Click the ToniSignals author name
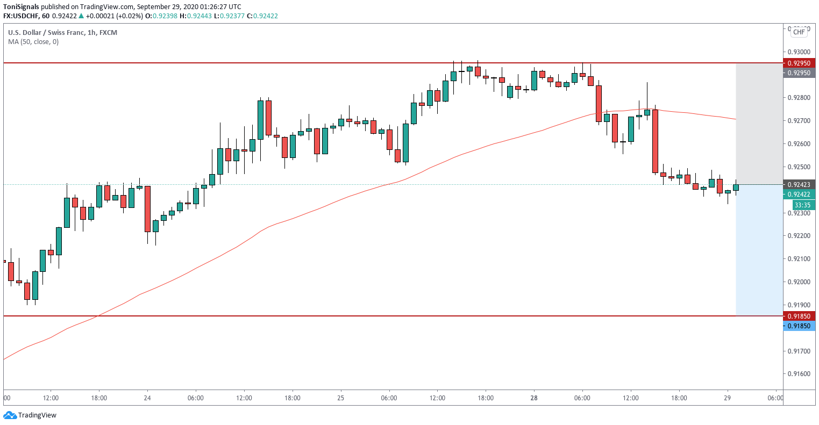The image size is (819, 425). pos(21,6)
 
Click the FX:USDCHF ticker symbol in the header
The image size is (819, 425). pos(22,16)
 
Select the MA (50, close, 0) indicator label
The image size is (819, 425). pos(33,42)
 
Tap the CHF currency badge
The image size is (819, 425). pos(799,32)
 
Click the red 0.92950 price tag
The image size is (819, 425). pos(799,63)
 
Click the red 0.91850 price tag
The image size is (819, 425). pos(799,316)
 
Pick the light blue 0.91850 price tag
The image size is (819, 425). pos(799,326)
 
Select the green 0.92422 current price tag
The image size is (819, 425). pos(799,195)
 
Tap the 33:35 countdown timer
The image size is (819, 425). pos(802,205)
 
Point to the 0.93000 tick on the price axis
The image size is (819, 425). pos(799,52)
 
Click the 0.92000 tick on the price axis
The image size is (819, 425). pos(799,282)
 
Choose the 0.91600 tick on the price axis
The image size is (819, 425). pos(799,374)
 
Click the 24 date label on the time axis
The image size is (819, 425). pos(147,398)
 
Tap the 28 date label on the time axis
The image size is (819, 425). pos(534,398)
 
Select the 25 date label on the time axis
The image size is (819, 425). pos(340,398)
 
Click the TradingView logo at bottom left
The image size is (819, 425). pos(30,415)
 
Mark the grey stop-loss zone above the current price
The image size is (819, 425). pos(759,124)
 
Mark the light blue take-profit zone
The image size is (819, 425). pos(759,250)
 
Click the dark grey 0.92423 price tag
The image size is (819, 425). pos(799,184)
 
